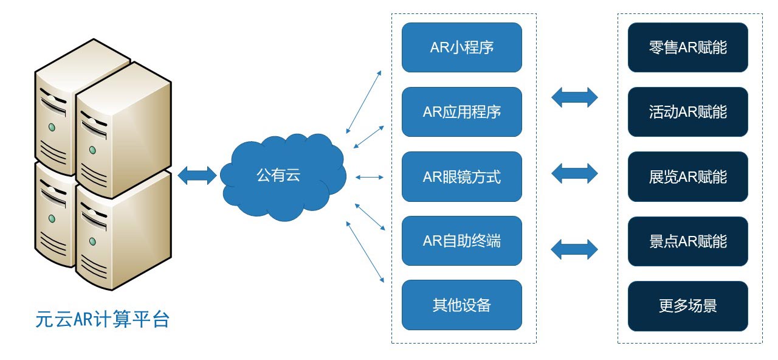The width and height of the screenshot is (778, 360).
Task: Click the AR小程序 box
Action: pos(461,47)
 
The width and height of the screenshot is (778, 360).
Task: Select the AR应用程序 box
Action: pos(461,112)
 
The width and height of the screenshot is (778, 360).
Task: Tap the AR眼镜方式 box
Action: pos(461,176)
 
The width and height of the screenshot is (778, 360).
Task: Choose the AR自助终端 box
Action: pos(461,241)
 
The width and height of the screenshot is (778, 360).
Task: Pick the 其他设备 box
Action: pos(461,305)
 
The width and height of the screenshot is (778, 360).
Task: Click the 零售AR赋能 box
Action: pos(687,47)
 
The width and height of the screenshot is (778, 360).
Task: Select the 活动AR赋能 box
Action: pos(687,112)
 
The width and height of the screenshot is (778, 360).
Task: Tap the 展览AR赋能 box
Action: pos(687,176)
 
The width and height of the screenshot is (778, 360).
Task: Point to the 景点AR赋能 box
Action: pos(687,241)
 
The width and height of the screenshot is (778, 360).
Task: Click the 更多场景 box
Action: pos(687,306)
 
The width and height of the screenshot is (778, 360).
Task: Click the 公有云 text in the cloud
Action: pos(278,175)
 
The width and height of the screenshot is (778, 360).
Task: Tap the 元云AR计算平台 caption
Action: pos(103,319)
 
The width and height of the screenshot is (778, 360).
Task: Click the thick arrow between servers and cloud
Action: pos(197,176)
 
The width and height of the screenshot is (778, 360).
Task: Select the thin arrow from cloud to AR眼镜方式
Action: pos(369,177)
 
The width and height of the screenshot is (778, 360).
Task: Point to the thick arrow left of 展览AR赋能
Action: pos(574,173)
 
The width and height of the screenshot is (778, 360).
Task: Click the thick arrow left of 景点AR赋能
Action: pos(574,249)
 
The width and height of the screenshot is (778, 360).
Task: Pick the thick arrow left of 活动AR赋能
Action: pos(574,97)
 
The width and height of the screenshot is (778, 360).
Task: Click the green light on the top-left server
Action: pos(52,127)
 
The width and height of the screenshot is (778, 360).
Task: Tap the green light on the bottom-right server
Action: pos(92,241)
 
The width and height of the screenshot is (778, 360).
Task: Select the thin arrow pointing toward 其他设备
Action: pos(365,252)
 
